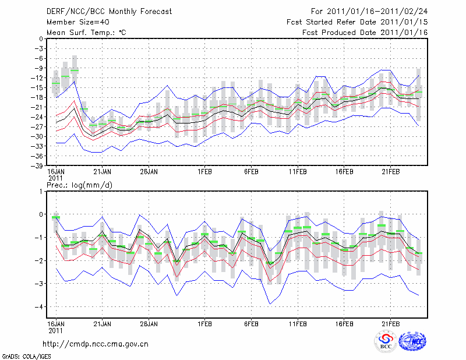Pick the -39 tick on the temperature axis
(x=38, y=166)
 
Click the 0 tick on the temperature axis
(x=41, y=38)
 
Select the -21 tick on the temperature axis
(x=38, y=107)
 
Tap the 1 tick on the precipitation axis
(x=41, y=191)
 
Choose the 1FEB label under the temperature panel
(x=204, y=172)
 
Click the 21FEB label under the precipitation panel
(x=391, y=323)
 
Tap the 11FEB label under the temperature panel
(x=298, y=172)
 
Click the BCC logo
(x=386, y=342)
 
